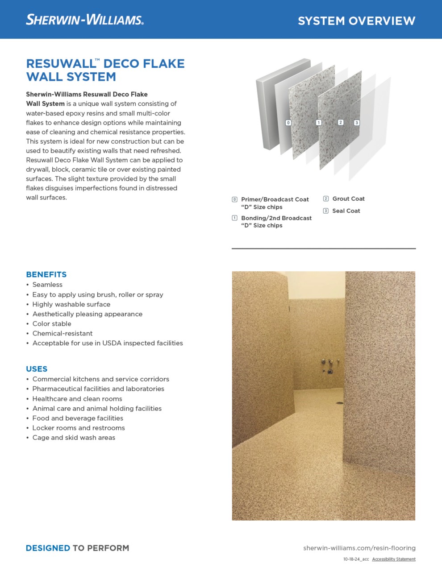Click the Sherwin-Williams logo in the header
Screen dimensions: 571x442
tap(85, 20)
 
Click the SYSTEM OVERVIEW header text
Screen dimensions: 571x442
tap(356, 21)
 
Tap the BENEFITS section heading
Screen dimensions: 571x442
tap(46, 274)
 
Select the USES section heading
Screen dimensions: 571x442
tap(37, 369)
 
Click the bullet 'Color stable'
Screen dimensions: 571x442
tap(52, 324)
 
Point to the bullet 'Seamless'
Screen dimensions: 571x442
tap(47, 285)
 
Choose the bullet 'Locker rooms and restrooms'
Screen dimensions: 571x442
tap(79, 428)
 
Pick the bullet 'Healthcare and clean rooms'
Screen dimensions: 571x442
tap(77, 399)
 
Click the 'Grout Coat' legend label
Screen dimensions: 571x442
tap(348, 199)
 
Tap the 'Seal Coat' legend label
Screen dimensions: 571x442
tap(346, 211)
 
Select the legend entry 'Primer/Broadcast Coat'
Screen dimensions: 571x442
tap(275, 199)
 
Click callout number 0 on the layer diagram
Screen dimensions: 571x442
tap(288, 123)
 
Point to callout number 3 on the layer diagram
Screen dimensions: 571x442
tap(357, 123)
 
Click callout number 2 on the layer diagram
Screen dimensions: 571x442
tap(341, 122)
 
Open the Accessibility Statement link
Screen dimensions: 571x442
tap(394, 559)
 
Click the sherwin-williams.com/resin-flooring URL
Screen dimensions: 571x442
tap(359, 548)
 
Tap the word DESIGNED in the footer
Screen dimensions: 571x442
tap(48, 548)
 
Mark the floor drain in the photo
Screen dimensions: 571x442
tap(340, 403)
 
